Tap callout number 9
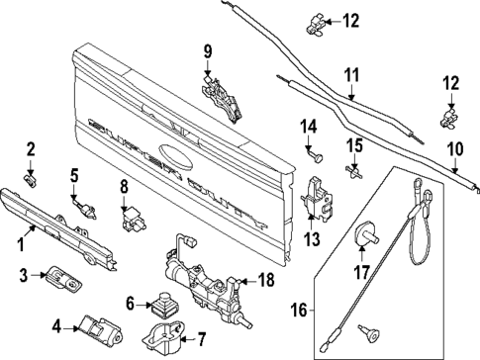click(208, 51)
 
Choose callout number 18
click(264, 281)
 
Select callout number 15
click(353, 145)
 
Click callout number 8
click(125, 185)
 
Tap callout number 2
click(30, 149)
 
